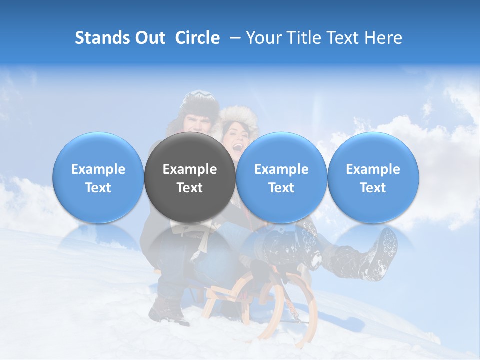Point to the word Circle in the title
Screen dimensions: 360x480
tap(197, 38)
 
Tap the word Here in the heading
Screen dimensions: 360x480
tap(383, 38)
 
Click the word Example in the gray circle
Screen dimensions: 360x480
tap(190, 169)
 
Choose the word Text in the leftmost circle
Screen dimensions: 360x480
tap(98, 188)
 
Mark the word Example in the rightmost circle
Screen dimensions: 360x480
tap(373, 169)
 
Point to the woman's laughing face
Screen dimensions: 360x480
tap(236, 137)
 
